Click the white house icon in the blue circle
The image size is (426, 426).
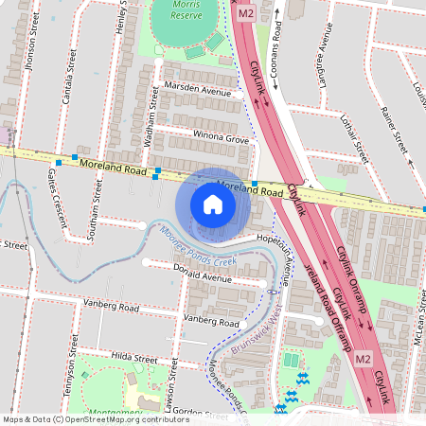click(x=213, y=204)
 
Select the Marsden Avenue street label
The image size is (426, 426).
click(x=197, y=93)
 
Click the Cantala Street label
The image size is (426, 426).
click(x=69, y=56)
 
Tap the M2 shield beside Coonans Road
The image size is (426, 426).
click(x=246, y=14)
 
